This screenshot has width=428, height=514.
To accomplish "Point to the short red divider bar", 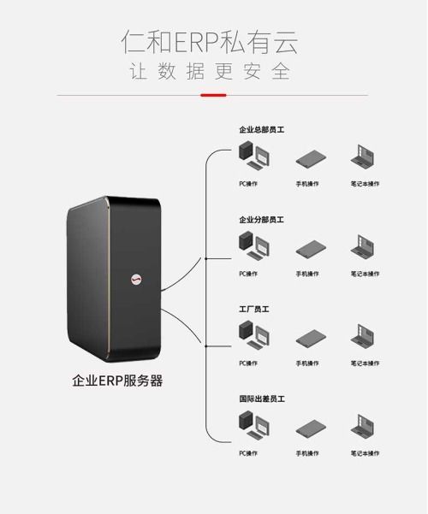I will [213, 94].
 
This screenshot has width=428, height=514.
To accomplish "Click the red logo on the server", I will [136, 277].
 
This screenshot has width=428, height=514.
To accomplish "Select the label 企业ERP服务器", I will [117, 381].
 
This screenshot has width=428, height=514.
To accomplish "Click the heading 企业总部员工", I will [261, 130].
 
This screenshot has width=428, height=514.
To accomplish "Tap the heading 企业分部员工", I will [261, 220].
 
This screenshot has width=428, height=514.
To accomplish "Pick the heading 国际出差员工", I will [261, 399].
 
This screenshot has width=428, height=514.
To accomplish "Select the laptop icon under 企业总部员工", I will [364, 158].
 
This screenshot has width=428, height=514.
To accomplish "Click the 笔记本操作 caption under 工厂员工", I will [365, 363].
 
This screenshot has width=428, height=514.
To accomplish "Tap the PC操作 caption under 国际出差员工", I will [248, 452].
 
